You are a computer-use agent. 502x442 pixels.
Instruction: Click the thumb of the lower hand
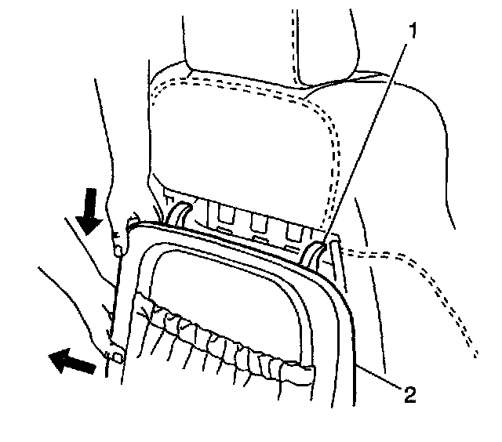pyautogui.click(x=115, y=357)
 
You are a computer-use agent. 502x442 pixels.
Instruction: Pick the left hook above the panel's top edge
pyautogui.click(x=176, y=212)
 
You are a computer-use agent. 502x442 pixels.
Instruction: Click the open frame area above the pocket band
pyautogui.click(x=227, y=274)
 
